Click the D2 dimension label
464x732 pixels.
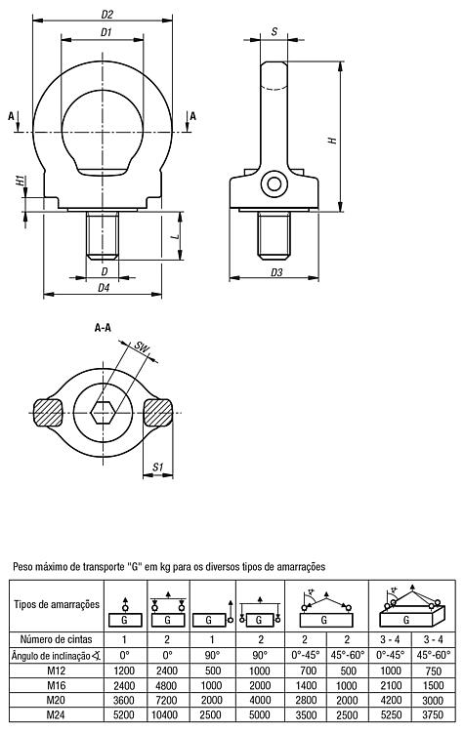pos(107,15)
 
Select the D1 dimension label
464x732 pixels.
pos(106,32)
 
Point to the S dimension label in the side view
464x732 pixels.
pos(274,32)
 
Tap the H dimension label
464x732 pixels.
pos(333,140)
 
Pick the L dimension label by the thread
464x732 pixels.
pos(176,237)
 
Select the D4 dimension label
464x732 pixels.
pos(104,288)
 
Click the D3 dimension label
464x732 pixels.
pos(276,272)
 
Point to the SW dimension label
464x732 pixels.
pos(141,347)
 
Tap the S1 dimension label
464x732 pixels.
pos(157,467)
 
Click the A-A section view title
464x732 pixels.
pos(103,328)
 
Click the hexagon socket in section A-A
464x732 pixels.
pos(104,413)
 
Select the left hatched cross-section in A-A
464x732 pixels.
pos(48,413)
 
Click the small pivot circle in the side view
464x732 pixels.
pos(274,183)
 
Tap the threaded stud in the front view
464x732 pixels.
pos(103,235)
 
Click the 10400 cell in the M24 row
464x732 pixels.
pos(167,714)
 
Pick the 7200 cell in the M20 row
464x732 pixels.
pos(167,700)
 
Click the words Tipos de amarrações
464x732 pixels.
pos(57,604)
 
